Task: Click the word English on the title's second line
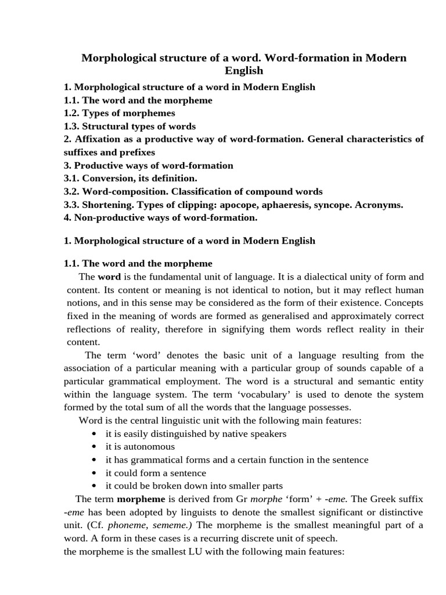tap(244, 71)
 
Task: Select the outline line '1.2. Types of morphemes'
tap(119, 113)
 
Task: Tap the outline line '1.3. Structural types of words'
tap(130, 126)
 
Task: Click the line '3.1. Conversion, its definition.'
tap(130, 178)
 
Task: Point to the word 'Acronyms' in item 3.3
tap(380, 205)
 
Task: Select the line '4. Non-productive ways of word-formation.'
tap(160, 217)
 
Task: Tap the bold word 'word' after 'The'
tap(109, 277)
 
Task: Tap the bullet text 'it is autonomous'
tap(140, 447)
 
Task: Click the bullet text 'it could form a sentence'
tap(156, 473)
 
